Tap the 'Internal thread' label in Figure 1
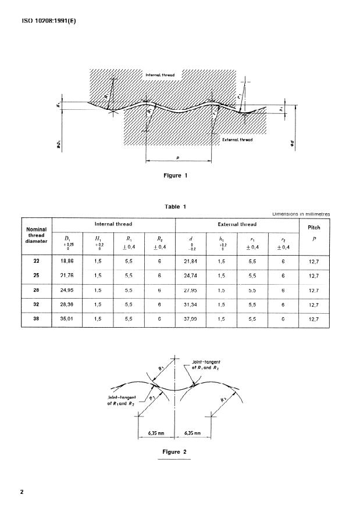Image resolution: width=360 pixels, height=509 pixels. (x=159, y=75)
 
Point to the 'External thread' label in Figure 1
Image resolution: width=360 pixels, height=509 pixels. (x=237, y=141)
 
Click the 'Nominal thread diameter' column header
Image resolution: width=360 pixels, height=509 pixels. (x=37, y=235)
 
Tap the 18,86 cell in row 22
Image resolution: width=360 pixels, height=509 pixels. (x=67, y=261)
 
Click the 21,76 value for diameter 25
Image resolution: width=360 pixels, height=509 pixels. (x=67, y=275)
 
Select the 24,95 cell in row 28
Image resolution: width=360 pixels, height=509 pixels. (x=67, y=290)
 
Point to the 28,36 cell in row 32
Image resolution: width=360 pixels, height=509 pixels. (x=67, y=304)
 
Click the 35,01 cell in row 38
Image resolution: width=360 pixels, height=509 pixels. (x=67, y=318)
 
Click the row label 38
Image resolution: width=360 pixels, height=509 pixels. (x=37, y=318)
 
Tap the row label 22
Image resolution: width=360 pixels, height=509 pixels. (x=37, y=261)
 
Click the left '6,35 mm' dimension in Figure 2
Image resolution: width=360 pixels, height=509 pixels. (x=156, y=433)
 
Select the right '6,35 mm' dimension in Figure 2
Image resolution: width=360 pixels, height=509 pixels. (x=193, y=433)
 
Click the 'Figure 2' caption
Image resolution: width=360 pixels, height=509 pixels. (x=174, y=451)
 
